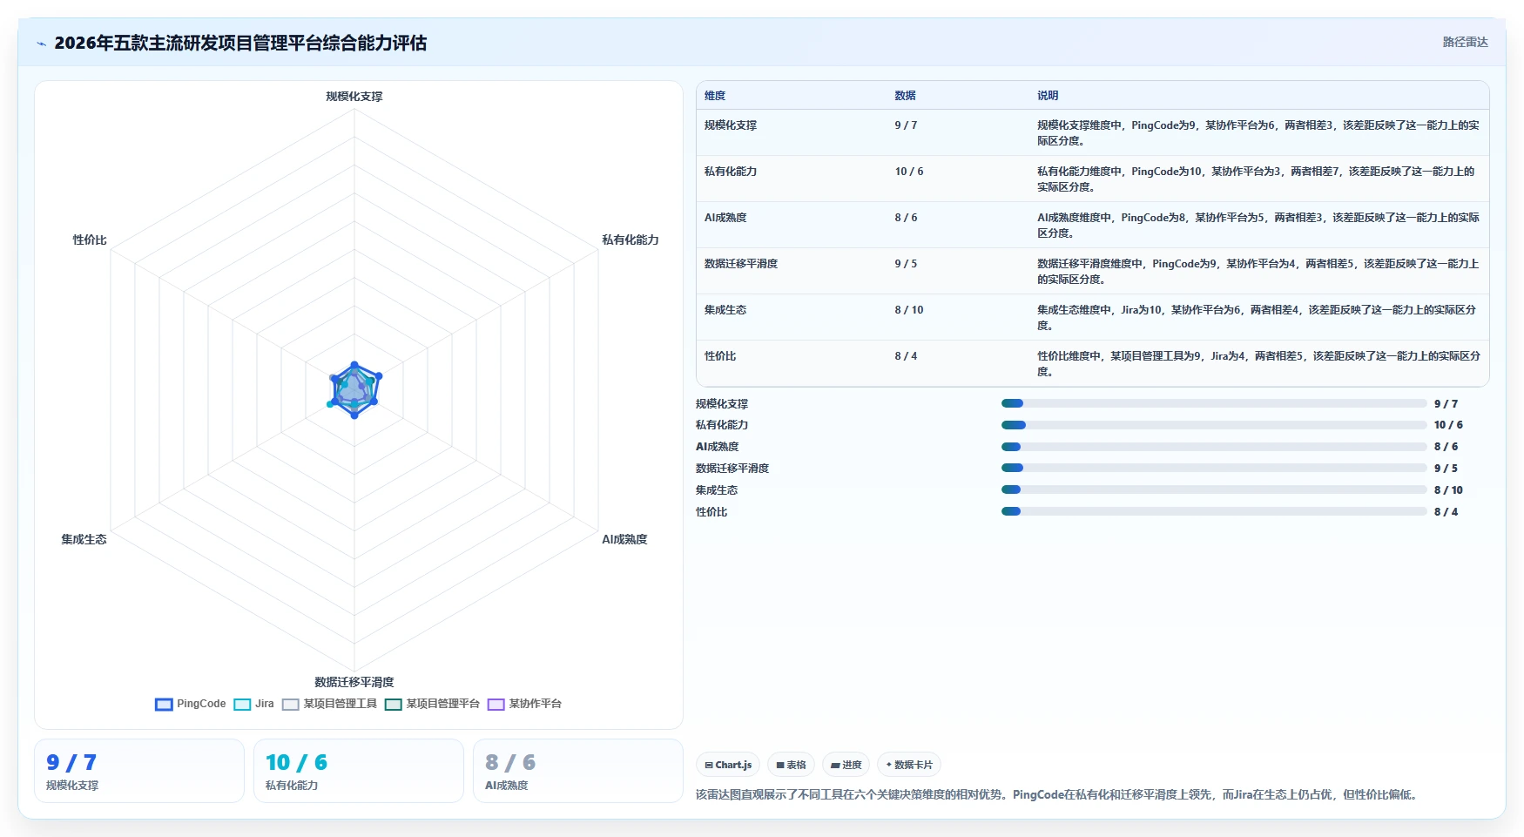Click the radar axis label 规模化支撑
(354, 97)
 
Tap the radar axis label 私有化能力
(631, 240)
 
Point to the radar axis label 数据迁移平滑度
(354, 682)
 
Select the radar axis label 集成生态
(84, 539)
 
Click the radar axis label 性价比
(90, 240)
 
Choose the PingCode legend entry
(191, 704)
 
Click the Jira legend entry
(253, 704)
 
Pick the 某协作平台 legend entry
(524, 704)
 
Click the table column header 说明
(1048, 96)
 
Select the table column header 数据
(905, 96)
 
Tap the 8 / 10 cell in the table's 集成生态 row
(909, 310)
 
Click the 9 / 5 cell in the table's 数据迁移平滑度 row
(906, 264)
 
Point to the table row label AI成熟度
(725, 218)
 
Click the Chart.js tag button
(728, 765)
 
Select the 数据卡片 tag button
(908, 765)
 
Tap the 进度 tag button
(846, 765)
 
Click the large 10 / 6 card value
(297, 763)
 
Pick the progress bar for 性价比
(1214, 511)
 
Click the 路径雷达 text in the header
(1465, 42)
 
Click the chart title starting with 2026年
(240, 43)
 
